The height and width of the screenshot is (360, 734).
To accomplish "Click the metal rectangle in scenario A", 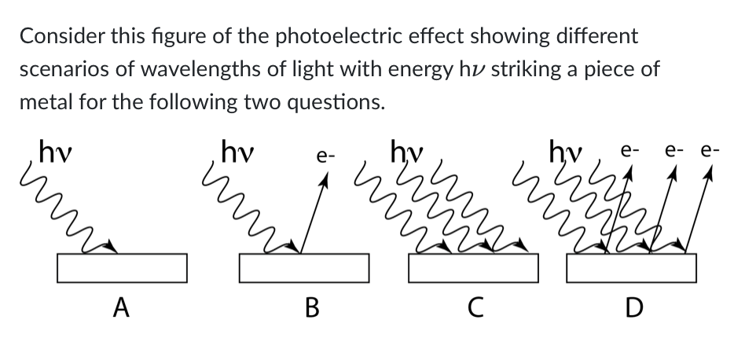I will point(122,267).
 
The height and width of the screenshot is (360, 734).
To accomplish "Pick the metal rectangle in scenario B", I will point(303,267).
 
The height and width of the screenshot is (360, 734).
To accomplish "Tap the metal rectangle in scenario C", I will point(474,267).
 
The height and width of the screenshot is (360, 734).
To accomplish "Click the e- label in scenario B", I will point(325,156).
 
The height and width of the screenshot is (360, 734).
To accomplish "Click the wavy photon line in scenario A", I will point(75,212).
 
